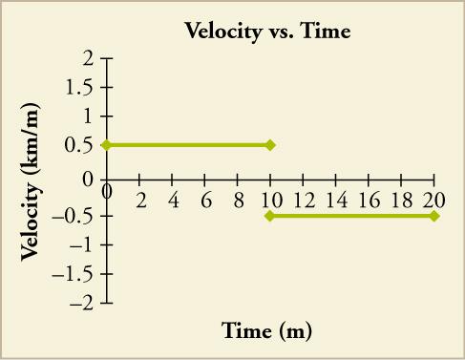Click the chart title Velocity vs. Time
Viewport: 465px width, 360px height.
267,32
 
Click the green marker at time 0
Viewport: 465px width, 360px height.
106,145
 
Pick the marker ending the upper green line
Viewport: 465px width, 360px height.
270,145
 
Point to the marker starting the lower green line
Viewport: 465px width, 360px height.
270,216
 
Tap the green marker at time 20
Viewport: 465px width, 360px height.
434,216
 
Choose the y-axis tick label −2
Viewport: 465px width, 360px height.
82,305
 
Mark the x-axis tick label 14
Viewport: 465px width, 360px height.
337,200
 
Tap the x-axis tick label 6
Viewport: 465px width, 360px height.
205,200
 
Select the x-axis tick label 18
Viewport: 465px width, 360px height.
402,200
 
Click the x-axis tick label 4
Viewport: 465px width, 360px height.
173,200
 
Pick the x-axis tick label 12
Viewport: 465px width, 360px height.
305,200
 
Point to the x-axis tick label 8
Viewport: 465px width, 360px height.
238,200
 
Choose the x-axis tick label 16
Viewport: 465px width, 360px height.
370,200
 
